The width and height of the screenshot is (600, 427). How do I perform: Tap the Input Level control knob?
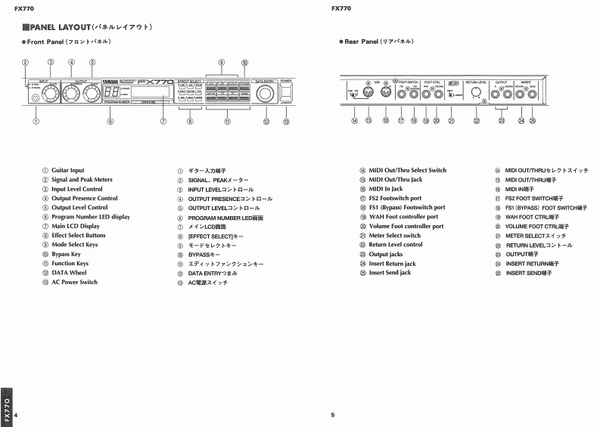[x=51, y=93]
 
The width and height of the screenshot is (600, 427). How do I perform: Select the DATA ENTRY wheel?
[x=266, y=94]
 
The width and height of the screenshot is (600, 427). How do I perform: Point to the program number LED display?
[x=110, y=93]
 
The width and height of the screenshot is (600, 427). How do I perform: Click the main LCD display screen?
[x=151, y=94]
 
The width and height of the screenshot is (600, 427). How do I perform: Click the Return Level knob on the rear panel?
[x=476, y=94]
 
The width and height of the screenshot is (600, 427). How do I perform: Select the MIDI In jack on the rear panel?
[x=385, y=94]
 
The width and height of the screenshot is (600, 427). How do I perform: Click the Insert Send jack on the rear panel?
[x=532, y=94]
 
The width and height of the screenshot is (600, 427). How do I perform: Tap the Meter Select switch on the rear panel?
[x=452, y=94]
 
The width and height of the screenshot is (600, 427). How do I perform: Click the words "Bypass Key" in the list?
[x=67, y=255]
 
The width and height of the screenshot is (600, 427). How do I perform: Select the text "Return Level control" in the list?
[x=395, y=245]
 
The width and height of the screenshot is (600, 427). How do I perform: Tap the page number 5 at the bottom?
[x=332, y=415]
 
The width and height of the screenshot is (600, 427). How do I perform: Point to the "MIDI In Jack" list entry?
[x=386, y=189]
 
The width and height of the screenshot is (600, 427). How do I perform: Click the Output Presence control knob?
[x=71, y=93]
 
